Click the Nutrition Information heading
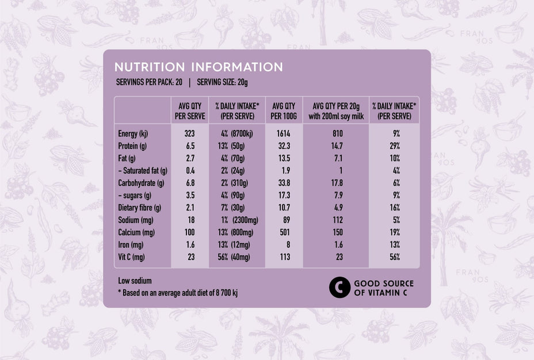tap(199, 67)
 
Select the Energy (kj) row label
tap(133, 134)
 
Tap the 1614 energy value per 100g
tap(283, 134)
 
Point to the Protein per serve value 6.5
tap(190, 146)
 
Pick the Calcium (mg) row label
tap(136, 232)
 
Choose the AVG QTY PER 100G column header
tap(283, 110)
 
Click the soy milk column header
tap(335, 110)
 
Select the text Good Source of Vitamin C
tap(383, 288)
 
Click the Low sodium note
tap(135, 281)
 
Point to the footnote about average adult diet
tap(177, 293)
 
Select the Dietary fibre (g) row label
tap(139, 208)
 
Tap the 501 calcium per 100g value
tap(283, 232)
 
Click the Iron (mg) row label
tap(131, 244)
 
